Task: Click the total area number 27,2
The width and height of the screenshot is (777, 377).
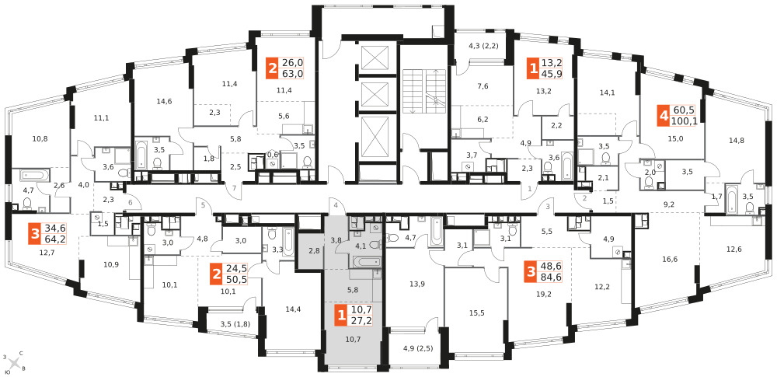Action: [362, 321]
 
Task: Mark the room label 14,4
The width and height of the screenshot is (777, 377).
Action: [292, 308]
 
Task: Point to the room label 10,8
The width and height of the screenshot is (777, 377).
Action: [40, 138]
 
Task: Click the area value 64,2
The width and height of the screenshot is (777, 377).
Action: [55, 240]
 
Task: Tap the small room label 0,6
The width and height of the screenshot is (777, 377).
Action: [273, 154]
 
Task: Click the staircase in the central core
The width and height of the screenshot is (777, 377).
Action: [423, 92]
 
